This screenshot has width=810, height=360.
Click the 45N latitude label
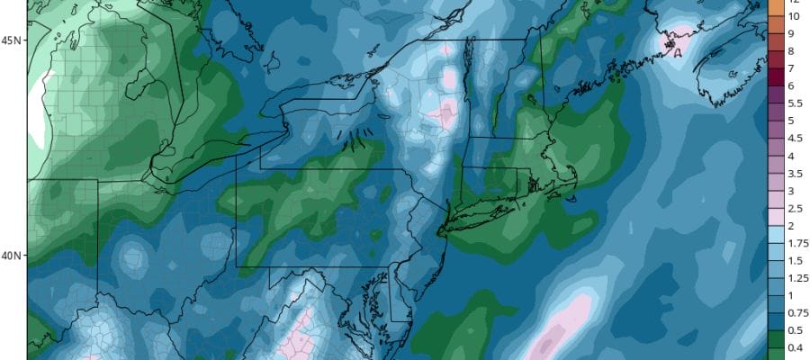[x=13, y=40]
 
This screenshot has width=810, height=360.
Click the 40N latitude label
[x=13, y=256]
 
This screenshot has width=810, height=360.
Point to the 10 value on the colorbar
[x=794, y=16]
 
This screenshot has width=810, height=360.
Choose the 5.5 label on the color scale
[x=795, y=103]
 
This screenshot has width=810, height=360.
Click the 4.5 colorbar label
[x=795, y=138]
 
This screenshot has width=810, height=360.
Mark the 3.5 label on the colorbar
[x=795, y=173]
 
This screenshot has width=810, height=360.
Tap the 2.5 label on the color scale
[x=795, y=208]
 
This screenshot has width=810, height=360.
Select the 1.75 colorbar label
[x=796, y=243]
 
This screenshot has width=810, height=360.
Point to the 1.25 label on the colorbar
[x=796, y=277]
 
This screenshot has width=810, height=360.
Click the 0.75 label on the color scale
[x=796, y=312]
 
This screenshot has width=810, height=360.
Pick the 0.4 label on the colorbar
[x=795, y=347]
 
